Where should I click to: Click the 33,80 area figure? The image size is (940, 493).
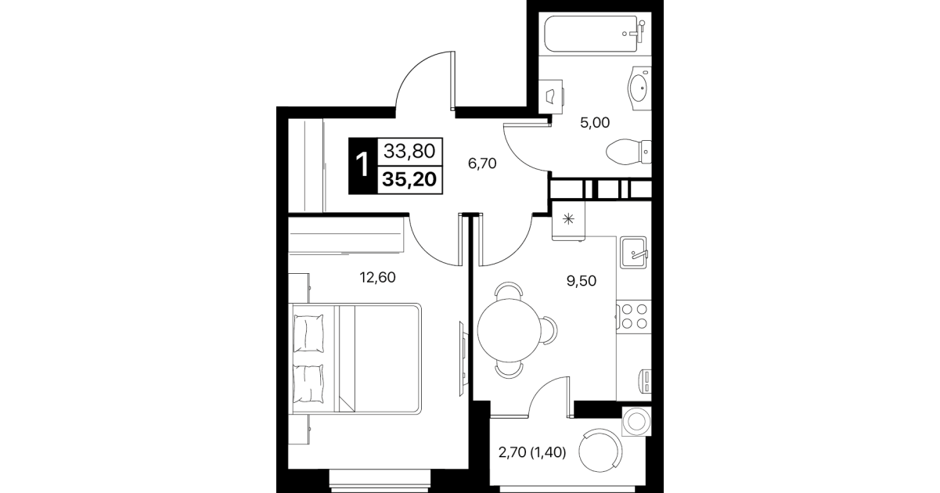tap(409, 151)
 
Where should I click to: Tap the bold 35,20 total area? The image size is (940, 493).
tap(409, 179)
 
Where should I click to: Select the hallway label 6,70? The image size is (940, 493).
tap(482, 164)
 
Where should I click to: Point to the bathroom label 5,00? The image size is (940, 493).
tap(595, 123)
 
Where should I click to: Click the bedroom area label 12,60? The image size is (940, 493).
tap(378, 277)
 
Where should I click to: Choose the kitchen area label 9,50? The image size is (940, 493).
tap(582, 281)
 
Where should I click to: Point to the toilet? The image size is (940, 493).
tap(628, 152)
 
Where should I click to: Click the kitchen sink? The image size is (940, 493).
tap(634, 252)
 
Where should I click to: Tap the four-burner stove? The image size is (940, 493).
tap(634, 316)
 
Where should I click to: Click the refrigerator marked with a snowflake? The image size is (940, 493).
tap(568, 220)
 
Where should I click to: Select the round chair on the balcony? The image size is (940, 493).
tap(600, 451)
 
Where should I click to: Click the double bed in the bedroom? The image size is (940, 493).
tap(357, 358)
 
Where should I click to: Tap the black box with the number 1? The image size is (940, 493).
tap(363, 166)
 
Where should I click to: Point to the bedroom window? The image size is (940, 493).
tap(380, 480)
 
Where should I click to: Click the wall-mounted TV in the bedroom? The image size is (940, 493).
tap(463, 358)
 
